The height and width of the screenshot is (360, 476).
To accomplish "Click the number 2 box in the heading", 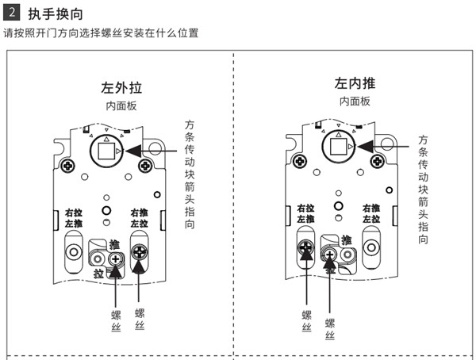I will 10,13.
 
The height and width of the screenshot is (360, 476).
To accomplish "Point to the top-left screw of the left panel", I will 69,166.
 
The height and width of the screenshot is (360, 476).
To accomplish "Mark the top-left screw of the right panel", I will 300,161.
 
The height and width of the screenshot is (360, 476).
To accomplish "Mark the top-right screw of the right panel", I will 374,161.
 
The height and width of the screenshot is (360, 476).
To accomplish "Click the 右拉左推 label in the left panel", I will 74,218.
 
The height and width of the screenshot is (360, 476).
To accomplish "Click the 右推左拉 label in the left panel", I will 140,218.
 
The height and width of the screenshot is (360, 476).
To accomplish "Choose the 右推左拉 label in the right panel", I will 371,213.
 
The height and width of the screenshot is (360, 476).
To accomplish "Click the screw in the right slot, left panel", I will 140,253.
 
